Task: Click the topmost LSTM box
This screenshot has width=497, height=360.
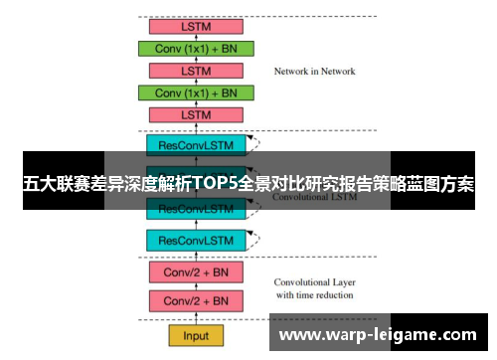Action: (197, 26)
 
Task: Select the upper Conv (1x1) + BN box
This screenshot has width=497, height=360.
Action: (197, 49)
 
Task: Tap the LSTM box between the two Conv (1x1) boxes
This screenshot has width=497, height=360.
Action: (197, 71)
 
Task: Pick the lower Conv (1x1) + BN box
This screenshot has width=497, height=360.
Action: (197, 92)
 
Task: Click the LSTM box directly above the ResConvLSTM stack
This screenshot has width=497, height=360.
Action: (197, 115)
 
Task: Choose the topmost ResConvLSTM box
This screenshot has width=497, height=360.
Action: (197, 145)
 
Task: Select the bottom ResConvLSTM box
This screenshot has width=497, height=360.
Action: (197, 241)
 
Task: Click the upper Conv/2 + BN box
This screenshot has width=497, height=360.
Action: (197, 271)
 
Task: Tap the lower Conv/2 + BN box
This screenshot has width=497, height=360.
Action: (197, 300)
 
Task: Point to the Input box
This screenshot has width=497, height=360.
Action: (197, 335)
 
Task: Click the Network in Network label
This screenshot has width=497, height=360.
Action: (314, 72)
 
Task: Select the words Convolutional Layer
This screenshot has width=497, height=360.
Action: (313, 282)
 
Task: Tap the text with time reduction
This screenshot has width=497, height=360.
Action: (313, 295)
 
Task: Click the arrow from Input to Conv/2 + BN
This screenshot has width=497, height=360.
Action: (197, 318)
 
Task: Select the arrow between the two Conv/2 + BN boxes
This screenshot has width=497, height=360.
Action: (197, 286)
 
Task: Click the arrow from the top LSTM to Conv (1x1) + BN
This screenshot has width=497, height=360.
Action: (197, 38)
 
